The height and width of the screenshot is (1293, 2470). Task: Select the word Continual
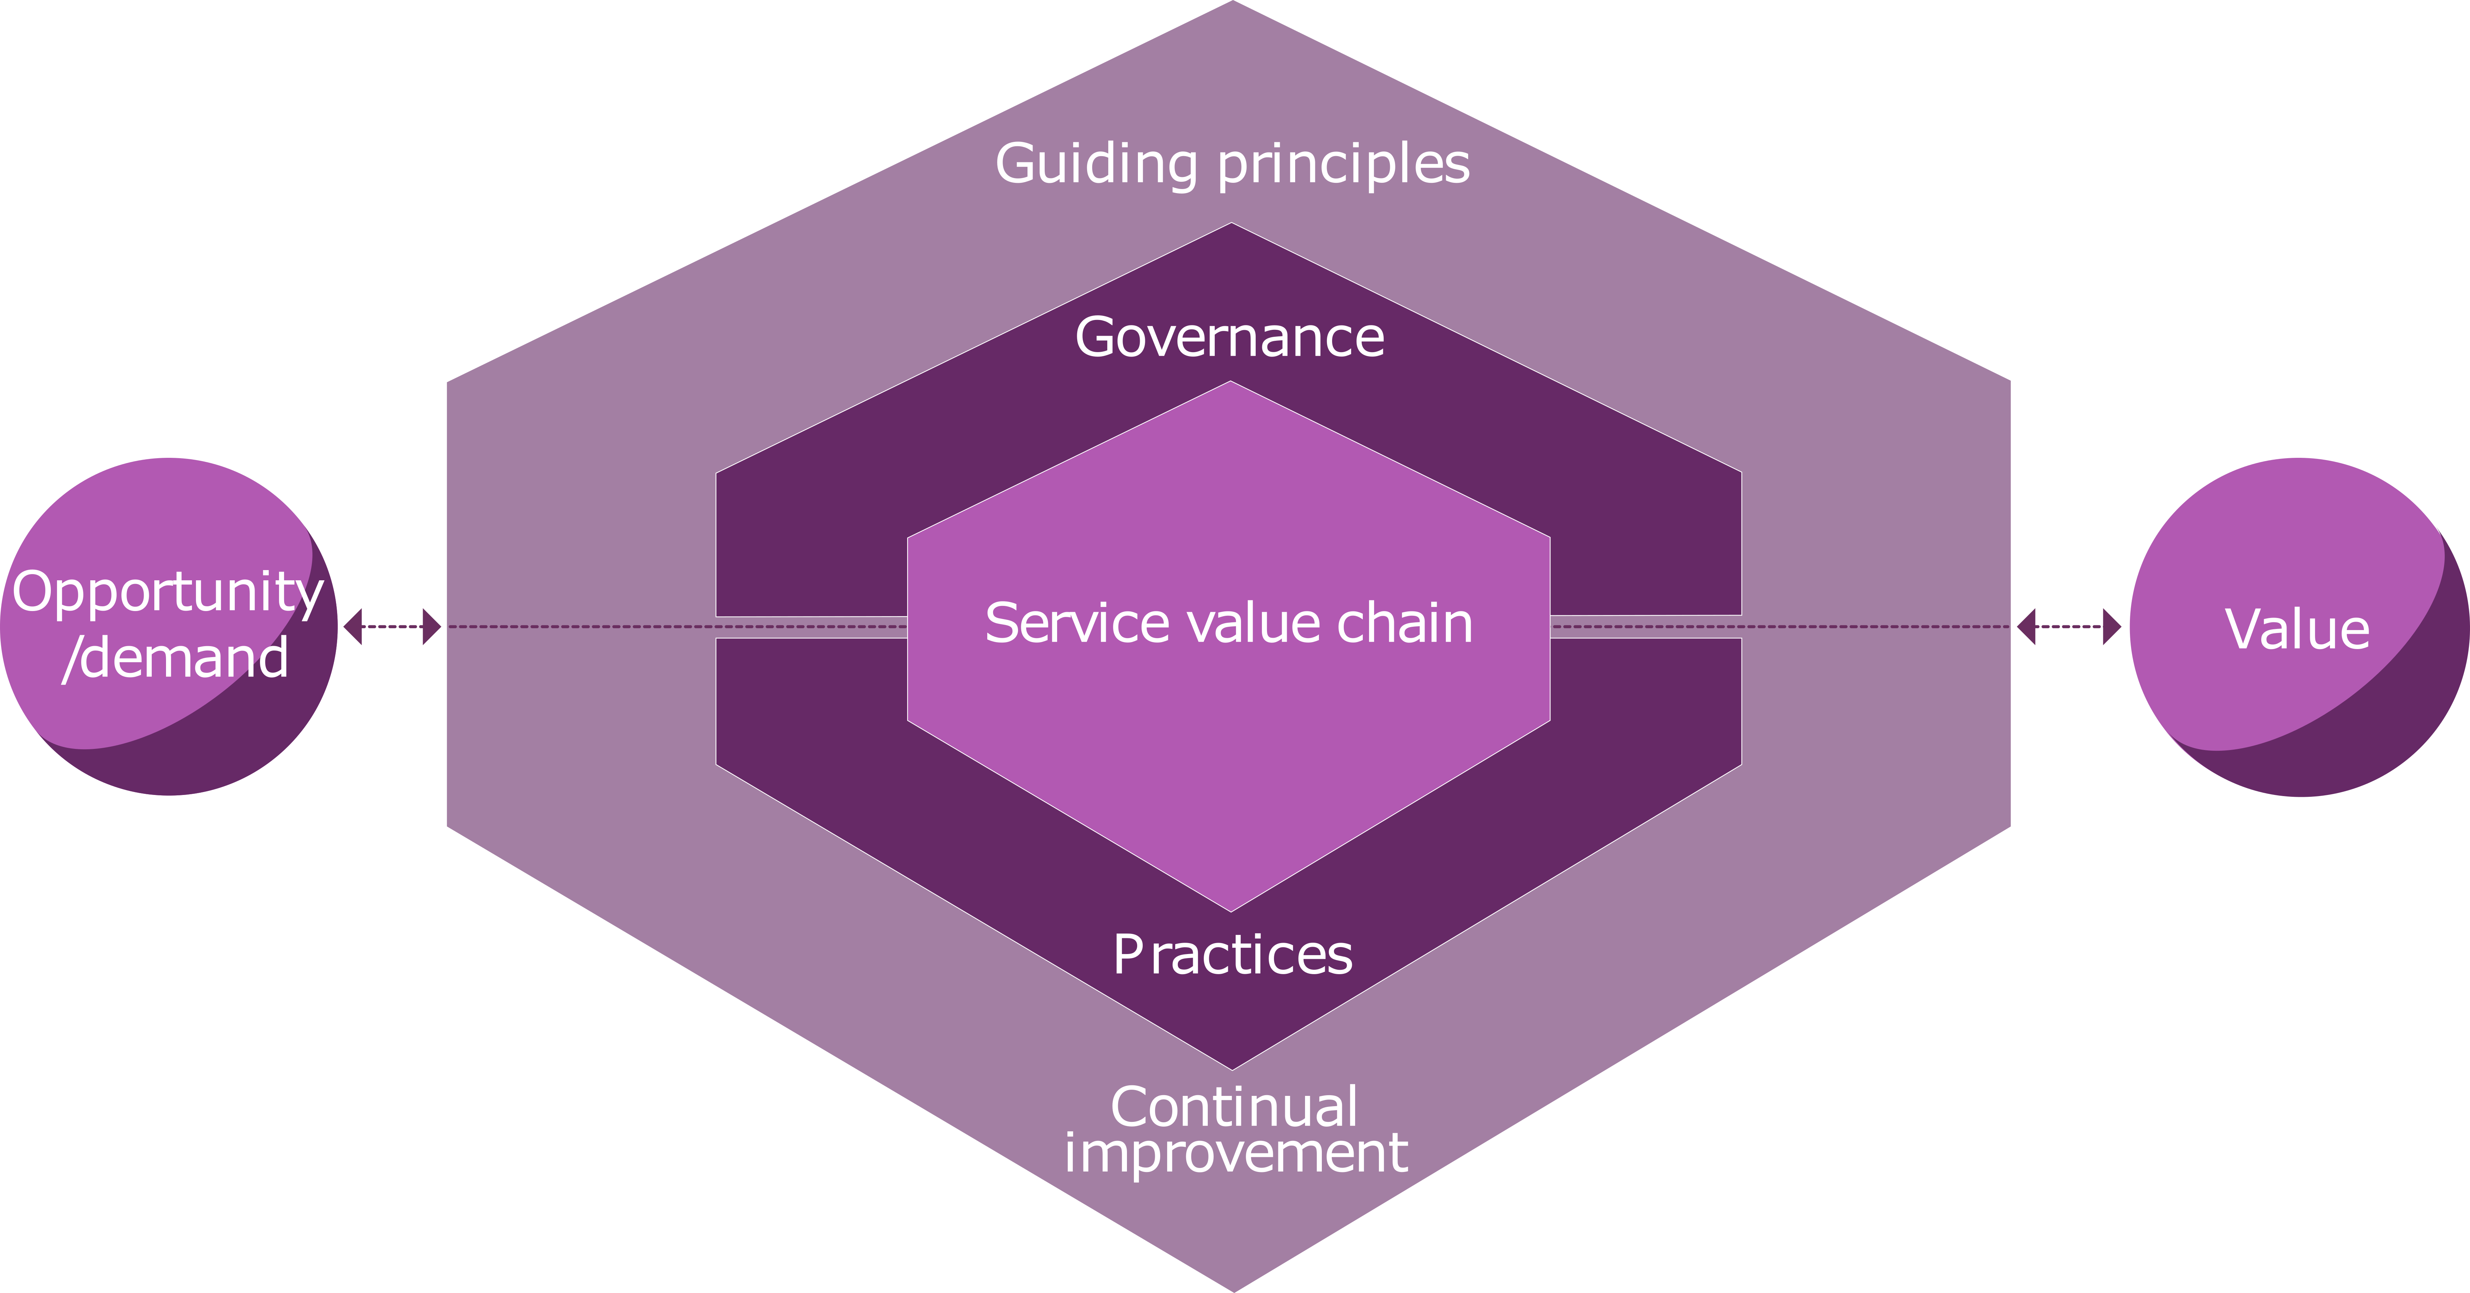click(x=1234, y=1107)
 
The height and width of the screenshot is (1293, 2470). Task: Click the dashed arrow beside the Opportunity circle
click(x=392, y=626)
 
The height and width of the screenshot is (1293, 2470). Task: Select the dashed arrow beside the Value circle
click(x=2068, y=626)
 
